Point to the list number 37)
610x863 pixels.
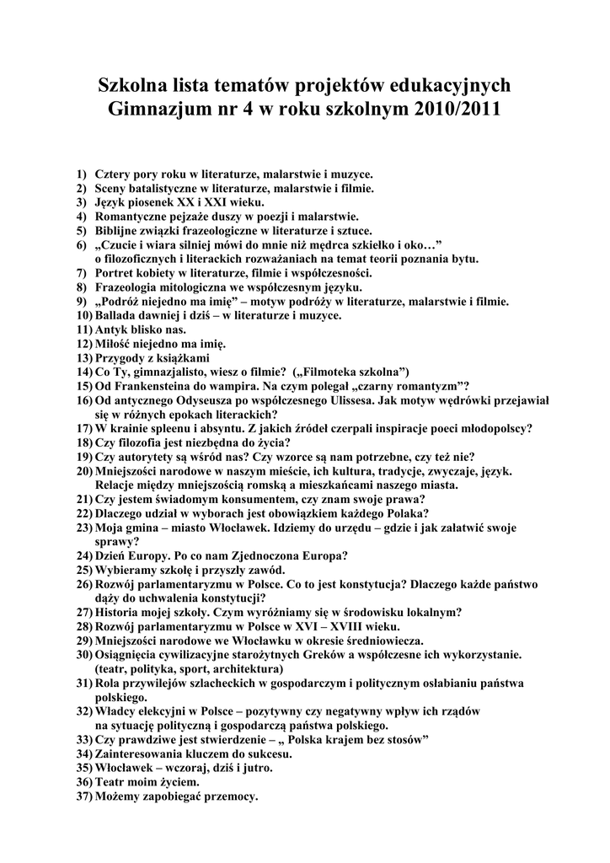click(83, 796)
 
